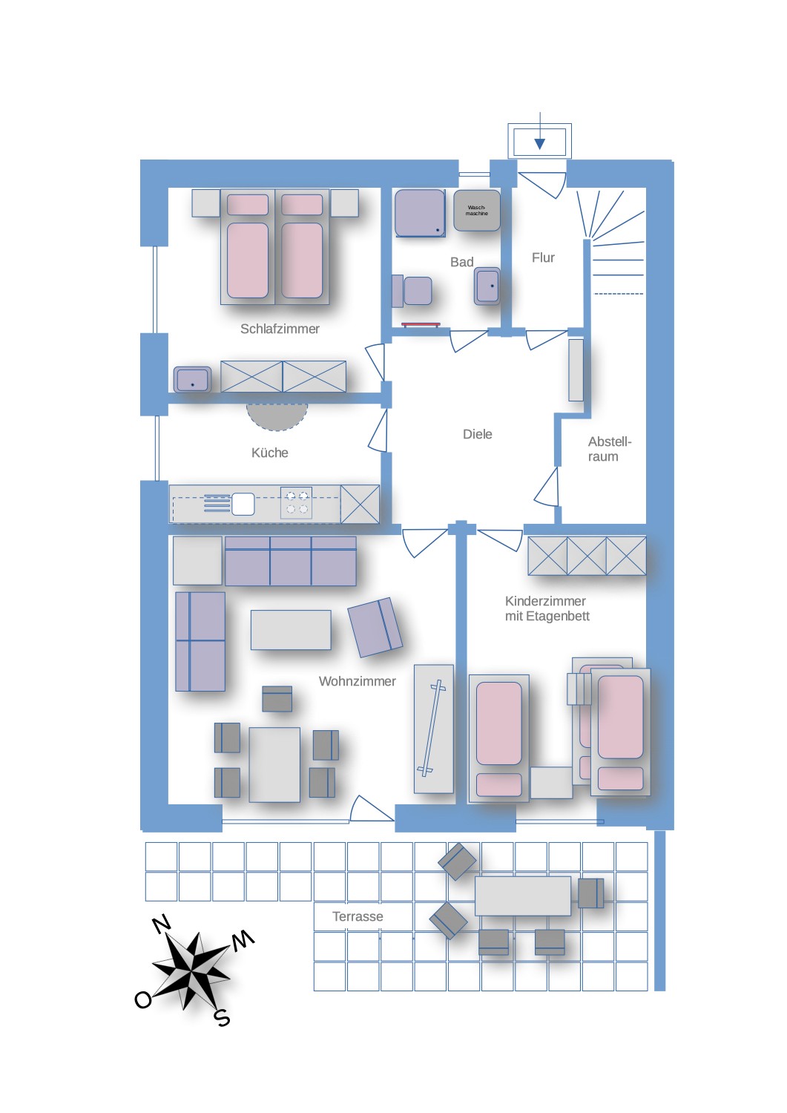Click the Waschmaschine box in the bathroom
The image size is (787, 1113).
tap(476, 210)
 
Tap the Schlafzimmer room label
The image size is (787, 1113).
tap(280, 329)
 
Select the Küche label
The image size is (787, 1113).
tap(270, 453)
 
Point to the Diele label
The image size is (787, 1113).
tap(478, 434)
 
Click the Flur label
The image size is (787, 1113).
tap(543, 258)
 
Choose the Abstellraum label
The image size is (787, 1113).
tap(610, 449)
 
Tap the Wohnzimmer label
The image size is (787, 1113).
tap(358, 681)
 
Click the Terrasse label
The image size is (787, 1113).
tap(358, 916)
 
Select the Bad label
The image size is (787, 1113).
tap(462, 262)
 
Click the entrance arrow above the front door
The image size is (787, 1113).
tap(539, 131)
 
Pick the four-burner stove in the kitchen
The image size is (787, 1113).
tap(297, 503)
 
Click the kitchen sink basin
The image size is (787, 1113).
tap(243, 504)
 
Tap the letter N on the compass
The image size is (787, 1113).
tap(162, 925)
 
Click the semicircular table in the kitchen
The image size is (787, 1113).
tap(277, 416)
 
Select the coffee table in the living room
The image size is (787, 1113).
tap(291, 629)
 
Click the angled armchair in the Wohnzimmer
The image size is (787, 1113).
tap(375, 627)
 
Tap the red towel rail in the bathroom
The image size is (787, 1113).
tap(421, 325)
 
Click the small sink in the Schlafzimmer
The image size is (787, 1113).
tap(192, 380)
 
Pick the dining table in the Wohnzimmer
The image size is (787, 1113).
tap(274, 765)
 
